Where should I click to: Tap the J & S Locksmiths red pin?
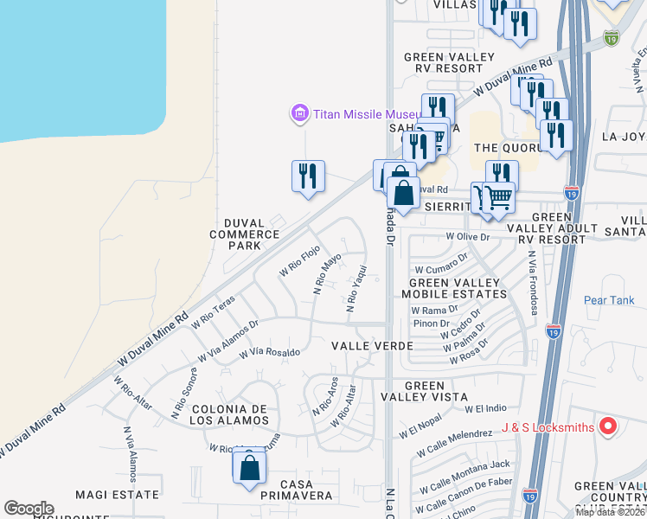(x=608, y=426)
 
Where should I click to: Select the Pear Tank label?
(x=609, y=301)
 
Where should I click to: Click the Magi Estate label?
(x=117, y=495)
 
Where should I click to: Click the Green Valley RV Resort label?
(x=449, y=63)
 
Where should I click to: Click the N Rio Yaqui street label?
(x=353, y=288)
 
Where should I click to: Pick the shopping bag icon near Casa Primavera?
(x=249, y=467)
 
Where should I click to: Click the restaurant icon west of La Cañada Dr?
(x=308, y=176)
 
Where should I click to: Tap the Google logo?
(x=29, y=509)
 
